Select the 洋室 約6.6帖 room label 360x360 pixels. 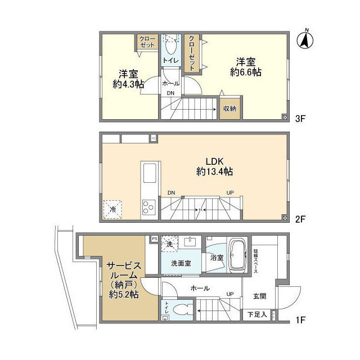[x=245, y=66]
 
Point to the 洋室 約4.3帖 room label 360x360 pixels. [x=128, y=79]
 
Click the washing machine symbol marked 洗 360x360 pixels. [x=170, y=244]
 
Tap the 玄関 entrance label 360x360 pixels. [x=259, y=297]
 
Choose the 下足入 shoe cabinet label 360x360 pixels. [x=257, y=314]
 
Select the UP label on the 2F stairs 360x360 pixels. [x=229, y=193]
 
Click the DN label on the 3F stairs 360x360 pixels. [x=170, y=93]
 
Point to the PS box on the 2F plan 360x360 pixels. [x=153, y=137]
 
